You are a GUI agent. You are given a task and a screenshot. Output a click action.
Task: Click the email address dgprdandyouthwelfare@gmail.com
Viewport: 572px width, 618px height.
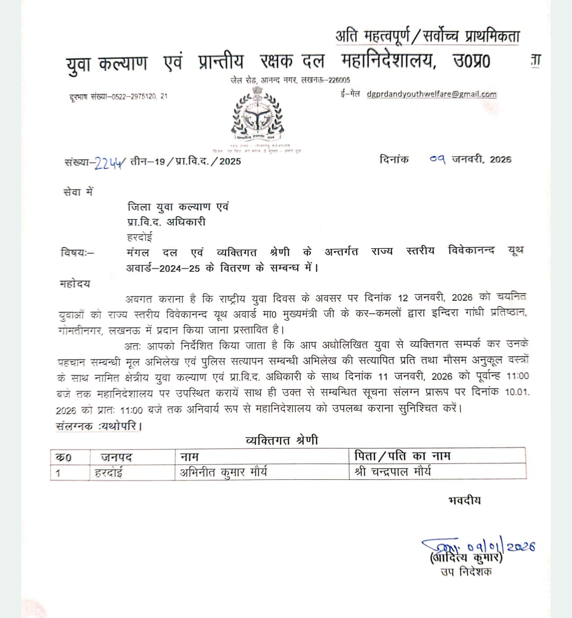click(432, 95)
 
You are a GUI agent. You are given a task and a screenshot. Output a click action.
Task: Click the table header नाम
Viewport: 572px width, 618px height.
click(190, 456)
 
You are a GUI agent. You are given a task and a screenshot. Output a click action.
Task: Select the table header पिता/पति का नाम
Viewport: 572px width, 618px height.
click(402, 455)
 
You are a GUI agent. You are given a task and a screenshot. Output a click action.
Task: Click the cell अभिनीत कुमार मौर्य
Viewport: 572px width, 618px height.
click(224, 471)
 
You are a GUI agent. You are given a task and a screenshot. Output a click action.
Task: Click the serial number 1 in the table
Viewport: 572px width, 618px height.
click(58, 472)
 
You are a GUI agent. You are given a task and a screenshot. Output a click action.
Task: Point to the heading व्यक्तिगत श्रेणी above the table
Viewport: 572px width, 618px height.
click(282, 440)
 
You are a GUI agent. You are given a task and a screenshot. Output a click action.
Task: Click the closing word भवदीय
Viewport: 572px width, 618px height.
click(464, 500)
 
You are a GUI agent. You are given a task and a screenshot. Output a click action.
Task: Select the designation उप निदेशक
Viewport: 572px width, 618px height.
click(466, 571)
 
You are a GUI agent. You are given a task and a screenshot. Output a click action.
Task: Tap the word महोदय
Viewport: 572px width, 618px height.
click(75, 284)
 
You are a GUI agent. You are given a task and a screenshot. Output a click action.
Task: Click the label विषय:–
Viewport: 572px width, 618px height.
click(77, 253)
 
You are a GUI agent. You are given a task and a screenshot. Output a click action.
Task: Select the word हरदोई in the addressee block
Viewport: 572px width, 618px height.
click(140, 237)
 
